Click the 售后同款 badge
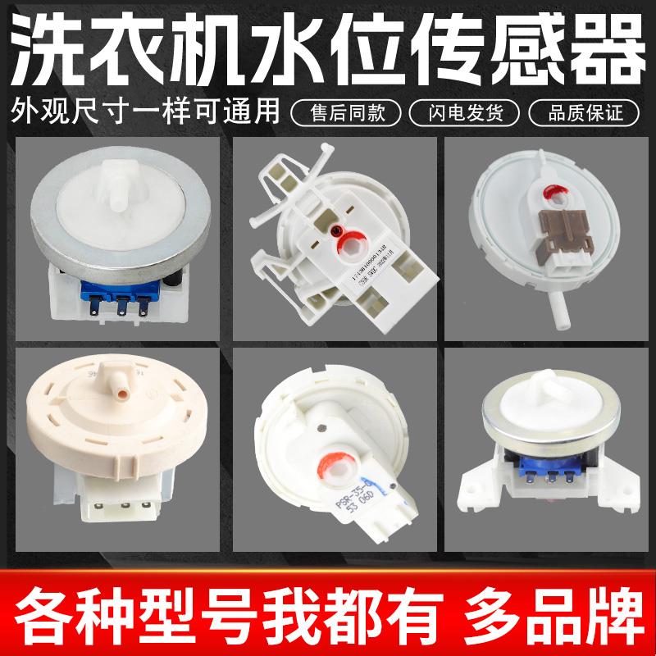coord(351,110)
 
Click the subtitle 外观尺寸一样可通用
coord(146,110)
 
